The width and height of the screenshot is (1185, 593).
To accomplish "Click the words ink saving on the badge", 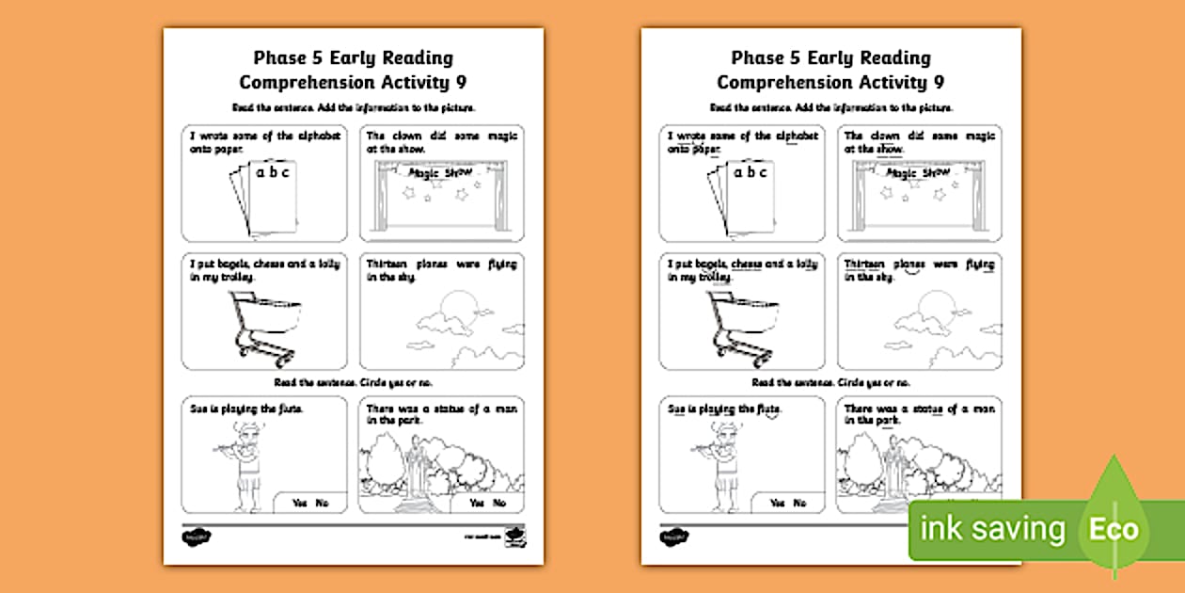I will [x=995, y=530].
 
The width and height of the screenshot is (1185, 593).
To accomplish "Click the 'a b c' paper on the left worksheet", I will [x=272, y=194].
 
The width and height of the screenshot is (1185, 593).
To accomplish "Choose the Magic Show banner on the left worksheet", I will [x=440, y=172].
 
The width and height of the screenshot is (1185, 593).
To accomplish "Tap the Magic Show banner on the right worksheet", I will [x=918, y=172].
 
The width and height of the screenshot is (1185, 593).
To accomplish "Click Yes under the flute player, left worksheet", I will [x=300, y=504].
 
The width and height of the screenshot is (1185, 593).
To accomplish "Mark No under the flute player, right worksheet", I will [x=800, y=504].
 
